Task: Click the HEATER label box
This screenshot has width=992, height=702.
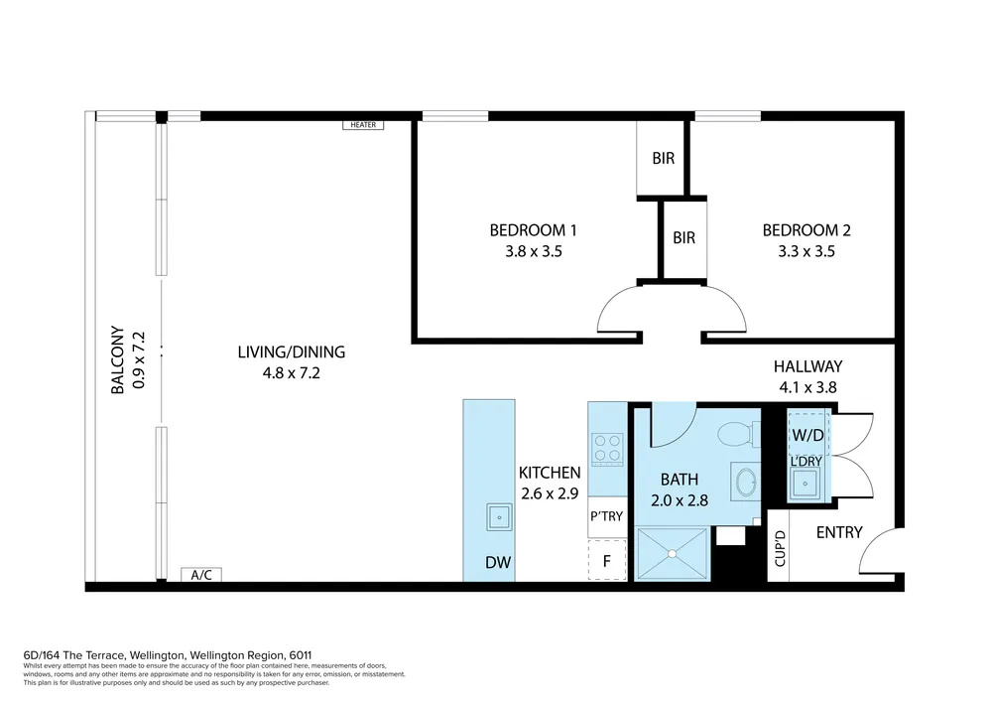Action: click(363, 125)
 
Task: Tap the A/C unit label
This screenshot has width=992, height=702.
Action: click(201, 575)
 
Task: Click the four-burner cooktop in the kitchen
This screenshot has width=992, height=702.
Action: click(607, 450)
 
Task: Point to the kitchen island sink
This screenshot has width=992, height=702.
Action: click(499, 517)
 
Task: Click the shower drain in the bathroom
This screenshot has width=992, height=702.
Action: click(672, 554)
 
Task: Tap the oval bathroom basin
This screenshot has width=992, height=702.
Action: click(746, 483)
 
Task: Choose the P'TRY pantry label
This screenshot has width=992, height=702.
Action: click(607, 516)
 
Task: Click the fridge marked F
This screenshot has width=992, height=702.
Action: click(607, 560)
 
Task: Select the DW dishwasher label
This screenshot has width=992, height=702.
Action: click(498, 562)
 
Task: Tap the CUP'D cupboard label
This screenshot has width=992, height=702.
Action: click(780, 548)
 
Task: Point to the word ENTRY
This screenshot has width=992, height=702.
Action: click(839, 532)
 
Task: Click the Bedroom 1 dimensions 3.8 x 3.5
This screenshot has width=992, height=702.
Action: click(534, 251)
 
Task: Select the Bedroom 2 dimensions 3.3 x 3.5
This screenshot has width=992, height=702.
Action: click(806, 251)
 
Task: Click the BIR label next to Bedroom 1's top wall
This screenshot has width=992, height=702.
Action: click(663, 158)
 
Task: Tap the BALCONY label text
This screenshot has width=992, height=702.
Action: click(118, 360)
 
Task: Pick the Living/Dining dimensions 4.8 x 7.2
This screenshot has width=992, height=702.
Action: click(291, 372)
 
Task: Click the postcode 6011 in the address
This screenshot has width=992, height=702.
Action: click(300, 655)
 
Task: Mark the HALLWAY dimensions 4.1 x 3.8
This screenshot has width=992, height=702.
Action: click(807, 387)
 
